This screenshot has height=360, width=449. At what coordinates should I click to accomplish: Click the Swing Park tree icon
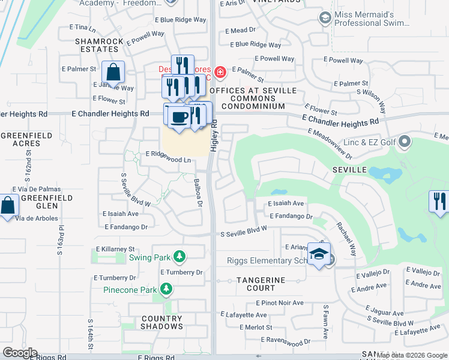179,257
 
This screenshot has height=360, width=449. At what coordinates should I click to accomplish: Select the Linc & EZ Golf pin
405,142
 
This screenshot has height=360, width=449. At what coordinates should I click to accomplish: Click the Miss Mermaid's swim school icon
325,18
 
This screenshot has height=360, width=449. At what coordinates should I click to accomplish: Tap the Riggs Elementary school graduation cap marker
319,253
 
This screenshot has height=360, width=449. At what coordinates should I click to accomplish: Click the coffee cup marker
177,116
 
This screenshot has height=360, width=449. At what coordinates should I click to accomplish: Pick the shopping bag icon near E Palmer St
113,73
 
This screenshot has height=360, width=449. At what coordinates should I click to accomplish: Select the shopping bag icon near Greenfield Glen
8,205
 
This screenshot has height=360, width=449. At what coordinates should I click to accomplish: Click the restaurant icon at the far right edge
439,201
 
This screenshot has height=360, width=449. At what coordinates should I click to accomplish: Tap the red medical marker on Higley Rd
220,73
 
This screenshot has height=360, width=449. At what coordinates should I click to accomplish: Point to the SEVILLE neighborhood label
349,170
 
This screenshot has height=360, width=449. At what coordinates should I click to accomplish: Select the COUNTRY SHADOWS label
162,322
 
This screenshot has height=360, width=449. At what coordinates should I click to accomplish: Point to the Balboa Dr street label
197,192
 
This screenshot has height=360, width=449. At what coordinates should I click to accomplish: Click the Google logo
20,353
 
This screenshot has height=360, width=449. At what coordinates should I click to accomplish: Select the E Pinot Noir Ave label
279,303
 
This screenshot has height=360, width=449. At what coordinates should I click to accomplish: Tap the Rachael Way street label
346,238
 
